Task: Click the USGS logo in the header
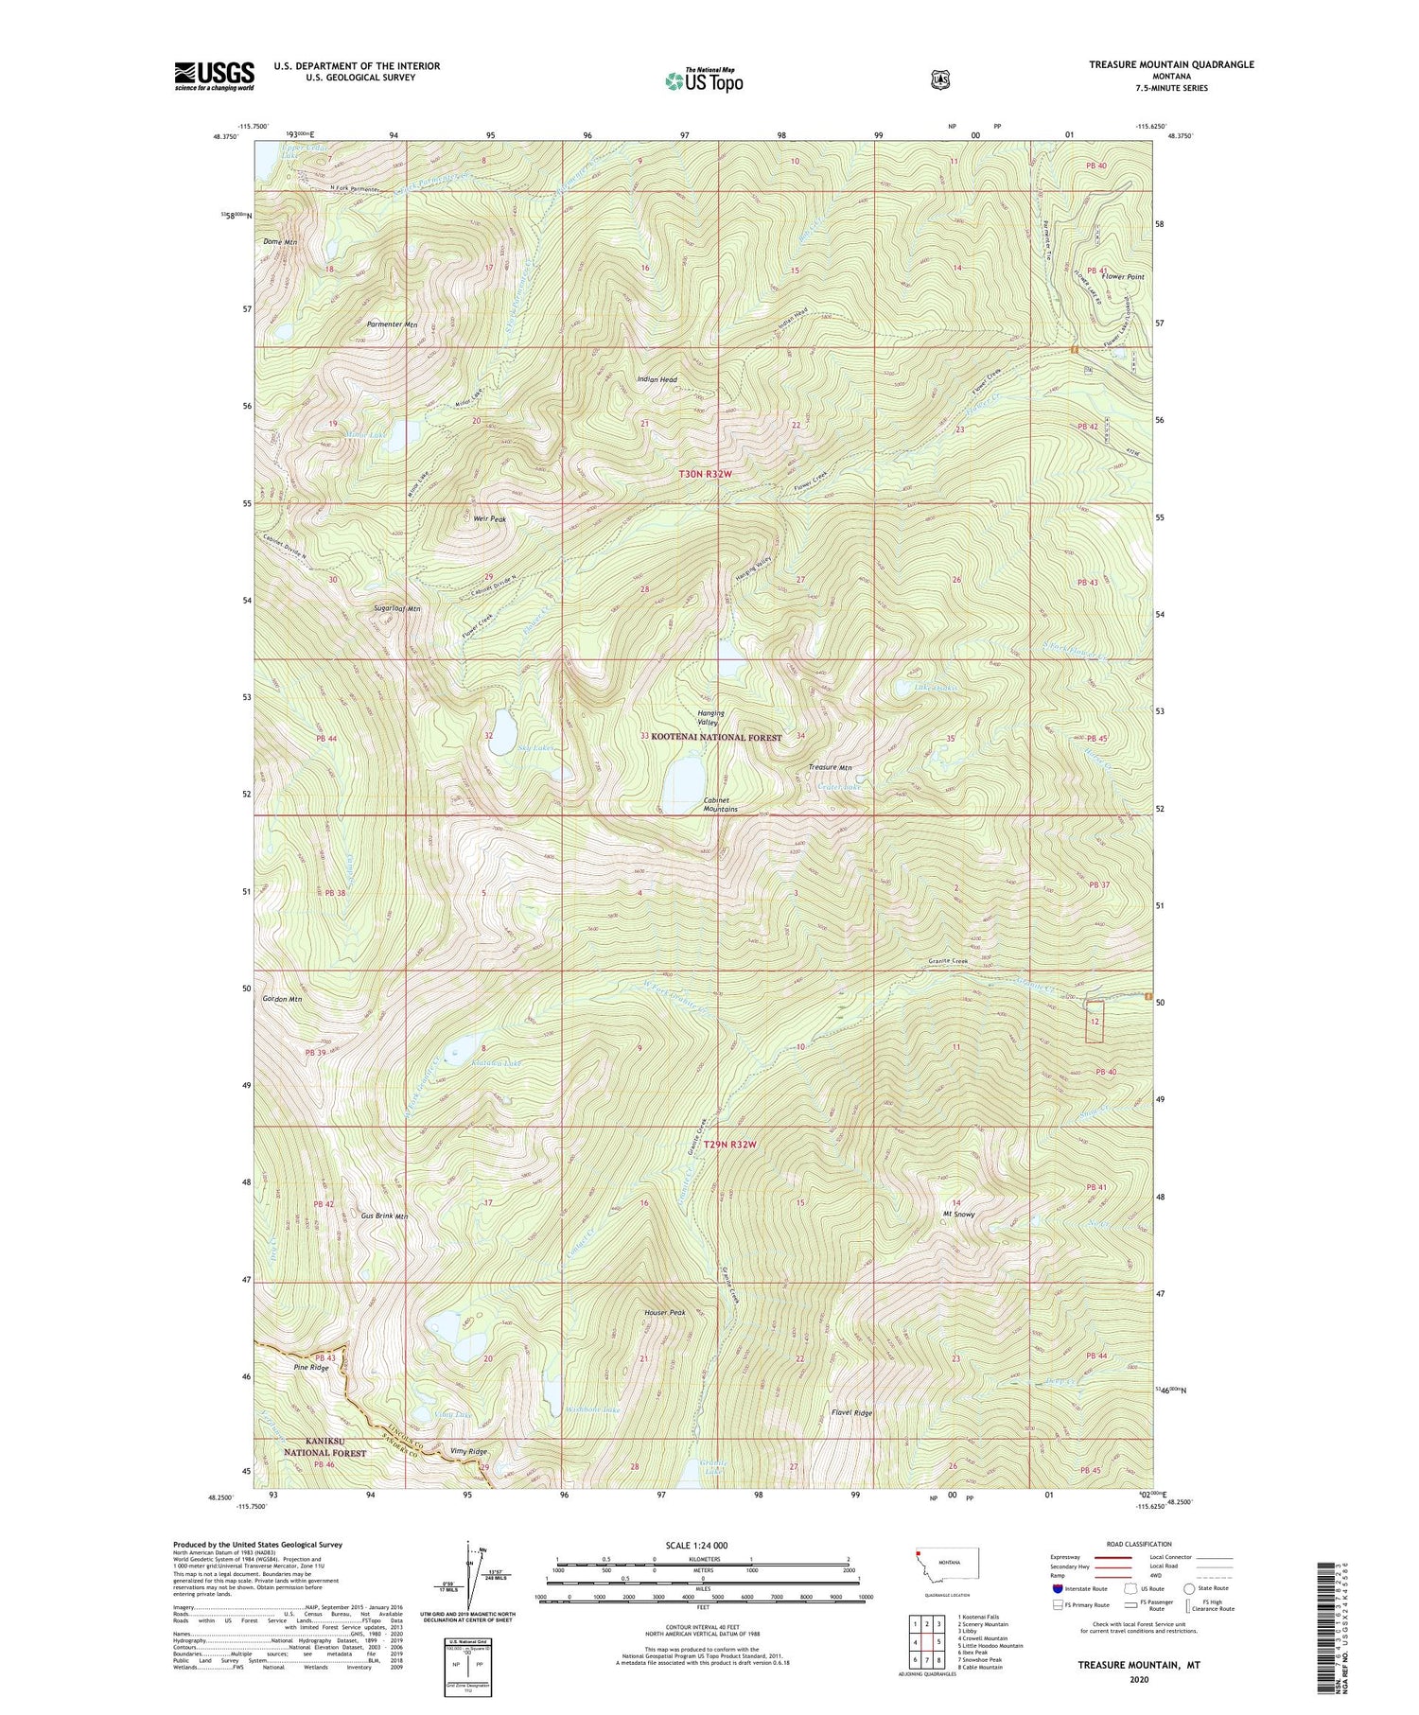[214, 76]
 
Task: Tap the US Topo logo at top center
[704, 80]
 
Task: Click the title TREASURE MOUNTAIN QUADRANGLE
[1171, 64]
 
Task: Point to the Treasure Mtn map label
[831, 767]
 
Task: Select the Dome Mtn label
[280, 242]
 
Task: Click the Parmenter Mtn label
[393, 324]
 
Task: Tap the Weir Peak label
[490, 519]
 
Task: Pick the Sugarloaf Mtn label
[397, 609]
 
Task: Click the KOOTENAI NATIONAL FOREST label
[716, 737]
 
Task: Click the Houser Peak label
[665, 1313]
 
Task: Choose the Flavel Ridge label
[851, 1412]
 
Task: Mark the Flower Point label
[1122, 277]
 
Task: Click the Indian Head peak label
[657, 379]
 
